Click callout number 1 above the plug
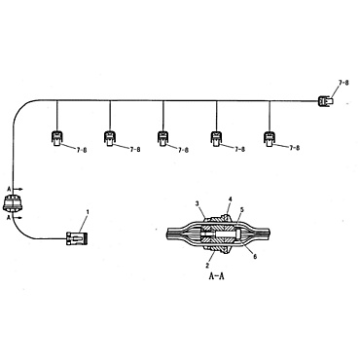pyautogui.click(x=88, y=211)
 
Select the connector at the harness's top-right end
pyautogui.click(x=325, y=97)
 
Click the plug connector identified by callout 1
pyautogui.click(x=74, y=236)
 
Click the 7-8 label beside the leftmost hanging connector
pyautogui.click(x=76, y=151)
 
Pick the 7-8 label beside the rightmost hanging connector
pyautogui.click(x=290, y=151)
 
